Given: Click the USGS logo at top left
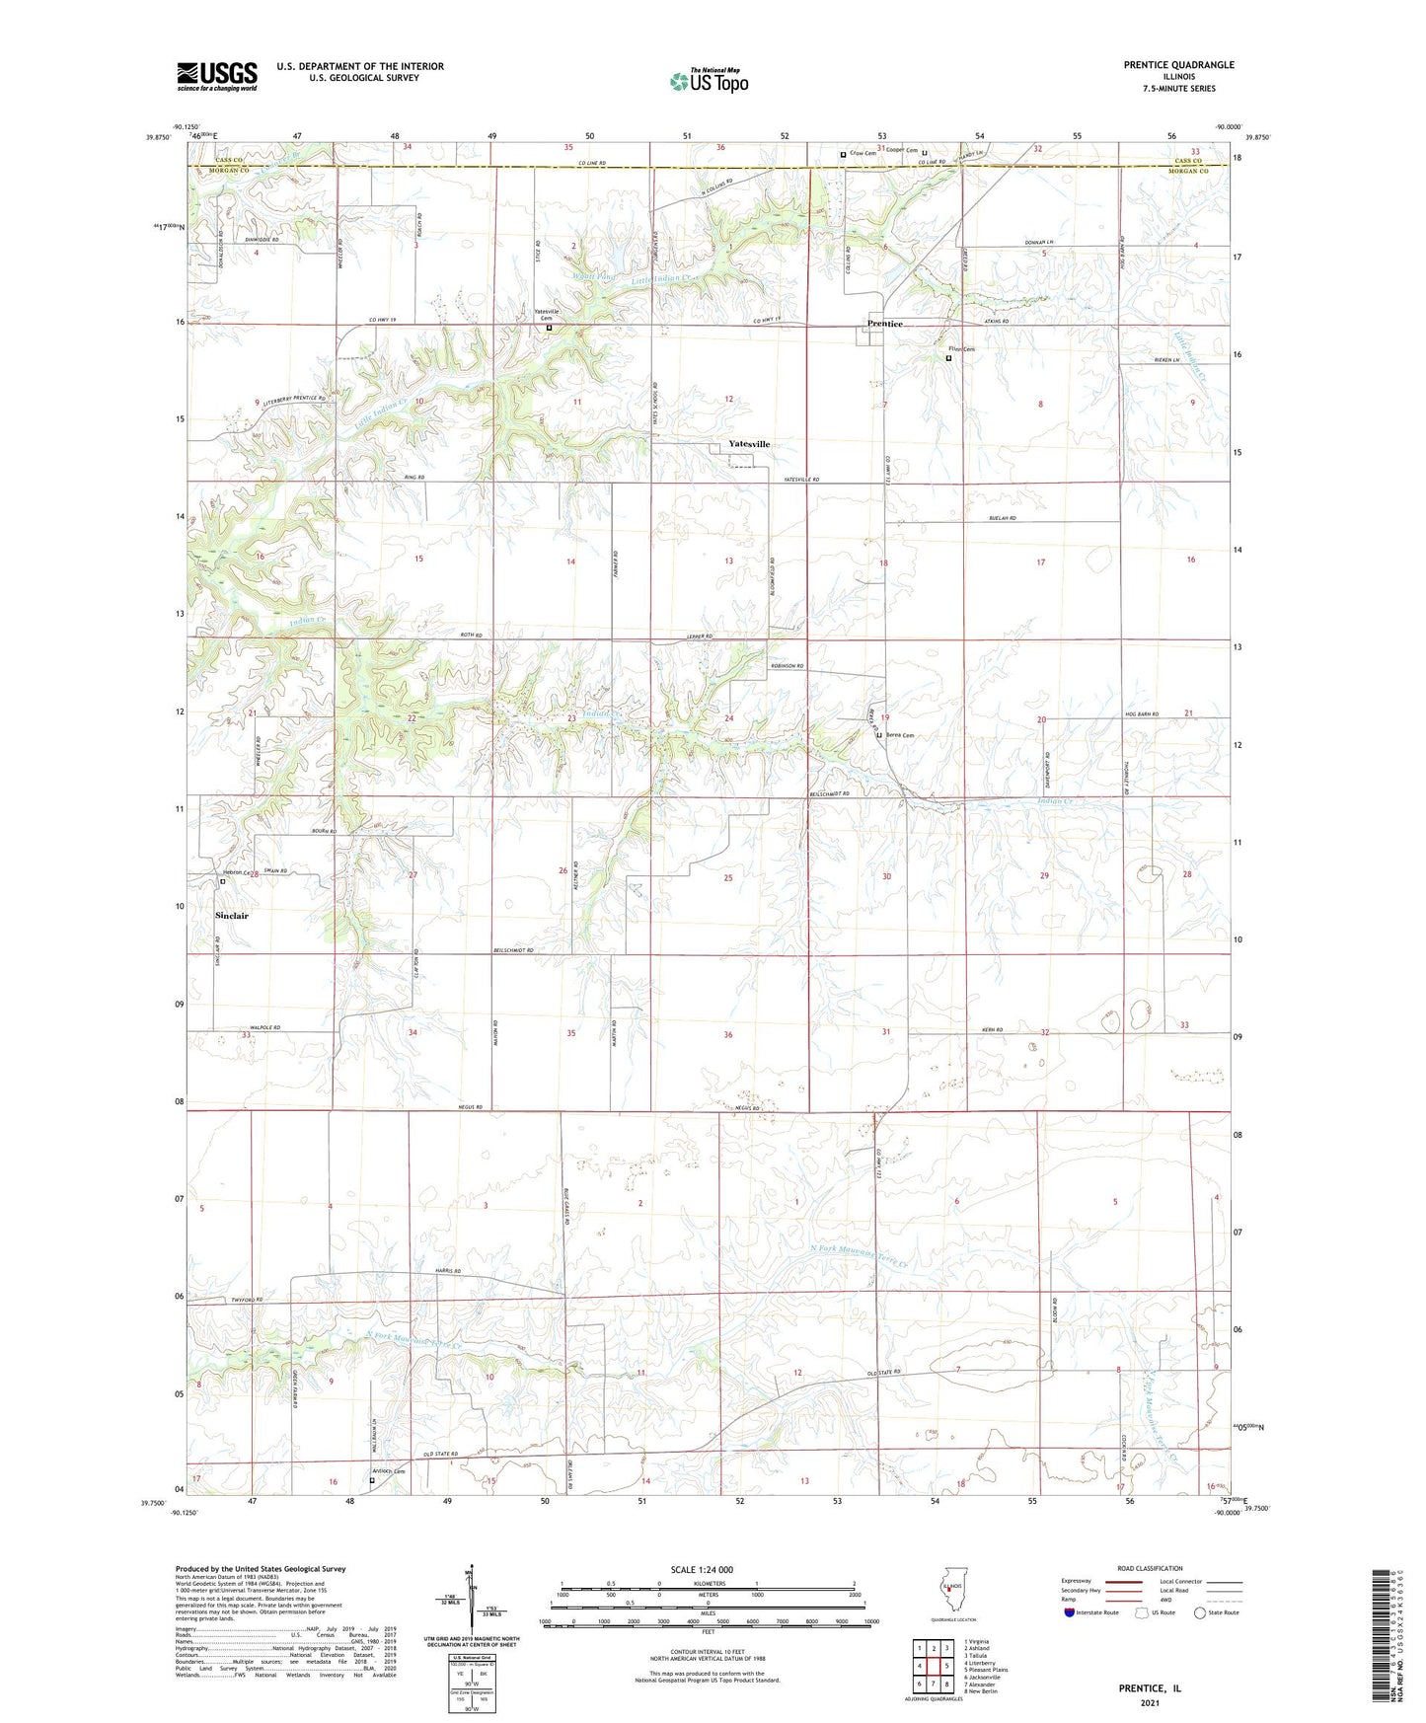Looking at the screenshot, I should click(217, 75).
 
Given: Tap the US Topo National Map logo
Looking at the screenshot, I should click(709, 80).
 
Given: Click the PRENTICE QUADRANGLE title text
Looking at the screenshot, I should click(1178, 65).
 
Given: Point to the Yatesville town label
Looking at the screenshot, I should click(749, 444).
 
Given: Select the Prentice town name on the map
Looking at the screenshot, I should click(885, 324).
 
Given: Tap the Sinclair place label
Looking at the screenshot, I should click(232, 916).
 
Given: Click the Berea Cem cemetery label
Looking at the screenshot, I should click(899, 735).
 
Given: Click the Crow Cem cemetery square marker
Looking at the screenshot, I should click(843, 154).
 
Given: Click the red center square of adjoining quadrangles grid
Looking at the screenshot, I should click(933, 1665).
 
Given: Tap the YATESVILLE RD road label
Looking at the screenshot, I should click(801, 480).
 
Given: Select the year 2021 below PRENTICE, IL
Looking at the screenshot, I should click(1150, 1703).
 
